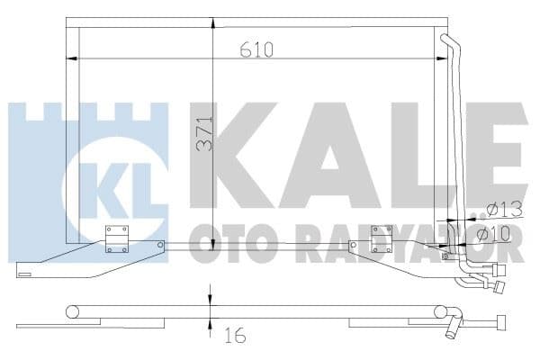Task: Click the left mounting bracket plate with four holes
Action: tap(117, 239)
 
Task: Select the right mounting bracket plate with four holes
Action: tap(383, 239)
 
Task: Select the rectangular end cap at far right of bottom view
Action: tap(499, 327)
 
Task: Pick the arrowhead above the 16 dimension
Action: tap(211, 299)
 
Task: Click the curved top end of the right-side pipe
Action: tap(444, 39)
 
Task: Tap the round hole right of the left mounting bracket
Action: tap(160, 246)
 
